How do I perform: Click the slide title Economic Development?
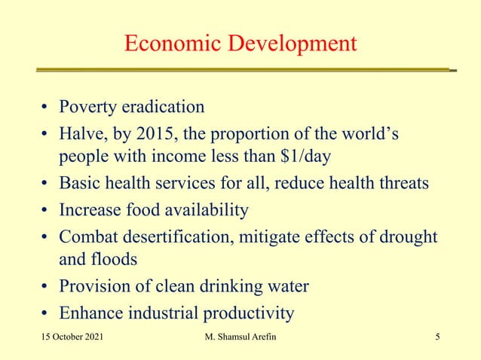coord(240,44)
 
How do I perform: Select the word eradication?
coord(164,106)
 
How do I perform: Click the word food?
coord(149,209)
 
